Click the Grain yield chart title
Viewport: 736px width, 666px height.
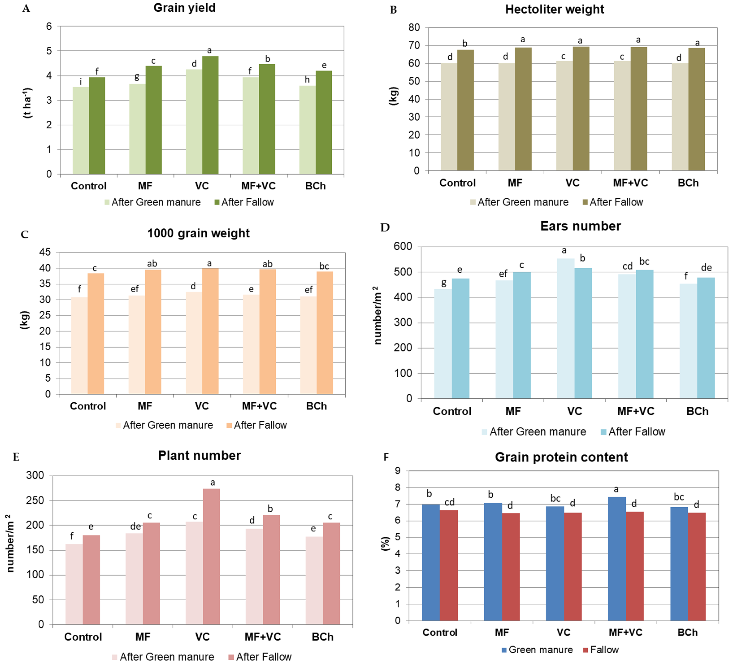point(184,8)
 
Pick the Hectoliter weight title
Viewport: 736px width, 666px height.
point(554,9)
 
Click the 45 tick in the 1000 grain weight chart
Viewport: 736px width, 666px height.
point(45,252)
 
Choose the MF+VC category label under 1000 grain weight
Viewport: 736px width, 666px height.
point(259,406)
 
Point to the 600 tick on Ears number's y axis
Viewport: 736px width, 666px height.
point(403,246)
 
